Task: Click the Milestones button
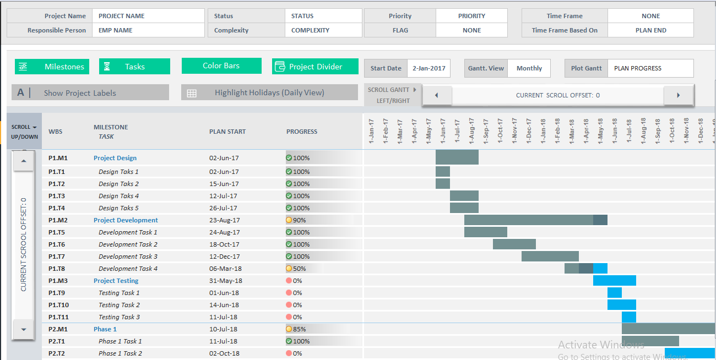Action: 52,67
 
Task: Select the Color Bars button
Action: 221,66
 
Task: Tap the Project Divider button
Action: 315,67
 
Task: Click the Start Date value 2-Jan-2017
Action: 429,68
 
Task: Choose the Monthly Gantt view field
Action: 529,68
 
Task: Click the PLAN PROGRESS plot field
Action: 650,68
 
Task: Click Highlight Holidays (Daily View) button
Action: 269,92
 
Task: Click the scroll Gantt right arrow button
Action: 678,95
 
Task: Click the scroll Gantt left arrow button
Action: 436,95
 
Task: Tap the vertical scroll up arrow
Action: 23,161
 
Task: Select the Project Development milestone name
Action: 126,220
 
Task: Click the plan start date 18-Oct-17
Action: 224,244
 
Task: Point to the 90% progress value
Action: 300,220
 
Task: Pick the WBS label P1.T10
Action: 58,305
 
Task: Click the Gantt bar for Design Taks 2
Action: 443,184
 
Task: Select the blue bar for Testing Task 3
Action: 629,317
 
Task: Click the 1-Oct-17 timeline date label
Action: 500,131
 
